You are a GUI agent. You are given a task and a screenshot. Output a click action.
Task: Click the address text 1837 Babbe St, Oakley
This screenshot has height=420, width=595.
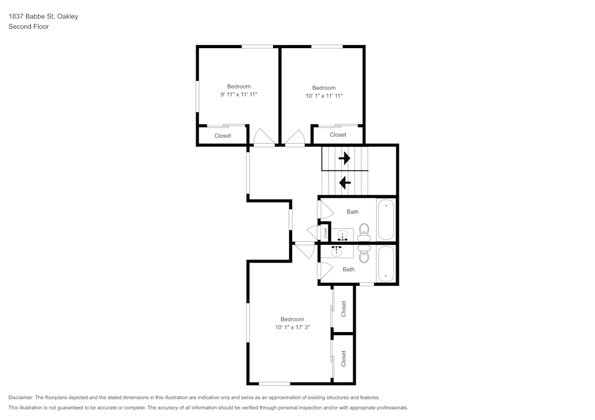pos(43,17)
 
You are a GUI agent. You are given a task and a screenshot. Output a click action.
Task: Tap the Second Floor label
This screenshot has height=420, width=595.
pos(29,27)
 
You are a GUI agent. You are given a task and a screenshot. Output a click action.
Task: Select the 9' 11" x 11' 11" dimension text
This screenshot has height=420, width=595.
pos(239,94)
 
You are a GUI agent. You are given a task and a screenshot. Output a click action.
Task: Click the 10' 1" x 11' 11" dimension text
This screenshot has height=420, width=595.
pos(324,96)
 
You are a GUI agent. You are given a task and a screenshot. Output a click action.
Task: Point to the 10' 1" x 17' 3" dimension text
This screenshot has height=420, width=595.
pos(292,327)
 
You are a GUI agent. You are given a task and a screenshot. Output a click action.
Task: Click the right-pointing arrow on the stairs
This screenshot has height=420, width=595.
pos(345,159)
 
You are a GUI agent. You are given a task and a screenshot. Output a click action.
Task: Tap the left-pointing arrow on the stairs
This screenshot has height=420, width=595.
pos(345,182)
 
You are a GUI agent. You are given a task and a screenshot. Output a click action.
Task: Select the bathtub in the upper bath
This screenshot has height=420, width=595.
pos(386,220)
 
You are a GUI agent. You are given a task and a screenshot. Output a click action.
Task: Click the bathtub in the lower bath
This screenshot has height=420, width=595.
pos(386,263)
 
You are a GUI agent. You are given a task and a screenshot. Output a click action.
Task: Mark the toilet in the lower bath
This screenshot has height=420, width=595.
pos(364,255)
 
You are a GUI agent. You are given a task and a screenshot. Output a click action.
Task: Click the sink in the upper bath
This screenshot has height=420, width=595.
pos(341,235)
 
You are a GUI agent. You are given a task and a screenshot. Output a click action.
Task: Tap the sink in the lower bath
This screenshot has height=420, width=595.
pos(338,250)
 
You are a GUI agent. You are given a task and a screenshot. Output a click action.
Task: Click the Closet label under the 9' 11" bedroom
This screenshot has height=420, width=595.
pos(223,136)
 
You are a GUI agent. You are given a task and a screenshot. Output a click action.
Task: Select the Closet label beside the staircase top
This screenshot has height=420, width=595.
pos(338,135)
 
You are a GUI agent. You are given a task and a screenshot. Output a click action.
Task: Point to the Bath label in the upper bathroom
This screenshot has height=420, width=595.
pos(353,212)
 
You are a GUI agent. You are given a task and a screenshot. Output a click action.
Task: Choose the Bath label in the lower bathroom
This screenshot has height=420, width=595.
pos(349,270)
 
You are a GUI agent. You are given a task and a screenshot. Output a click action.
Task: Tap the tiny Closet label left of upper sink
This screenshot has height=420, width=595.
pos(325,233)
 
